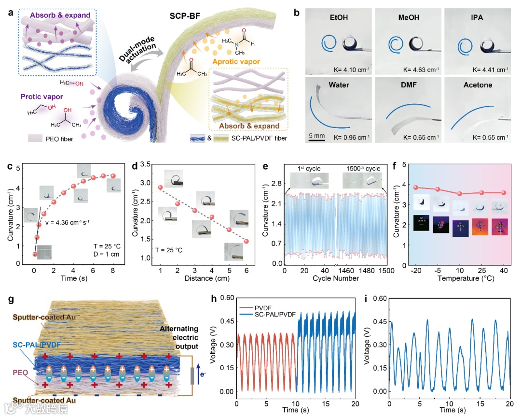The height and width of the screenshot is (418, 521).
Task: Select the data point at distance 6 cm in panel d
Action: click(246, 241)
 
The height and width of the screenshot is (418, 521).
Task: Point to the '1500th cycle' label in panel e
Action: click(361, 169)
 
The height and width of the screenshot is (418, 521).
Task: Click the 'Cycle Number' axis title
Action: click(335, 278)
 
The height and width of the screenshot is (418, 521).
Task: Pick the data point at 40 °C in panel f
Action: click(503, 193)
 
